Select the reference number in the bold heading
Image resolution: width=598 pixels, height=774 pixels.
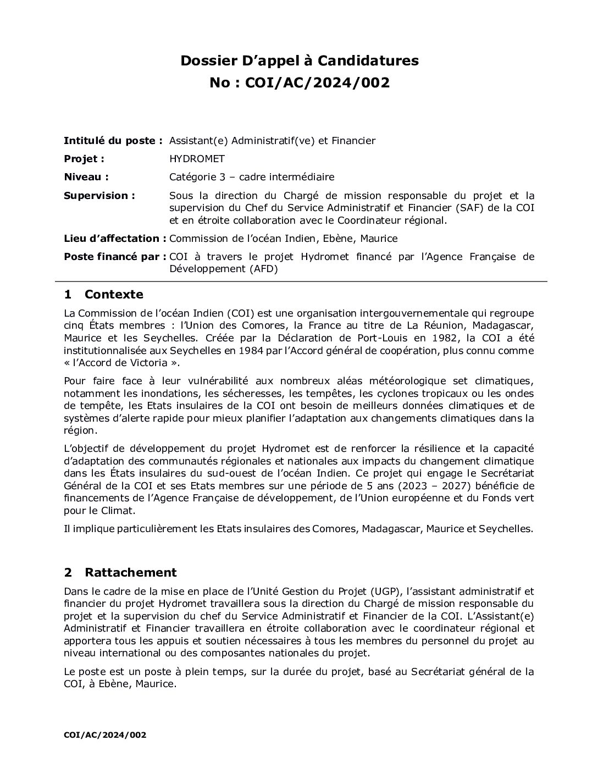pos(317,82)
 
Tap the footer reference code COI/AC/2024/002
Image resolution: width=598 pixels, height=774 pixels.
pos(105,734)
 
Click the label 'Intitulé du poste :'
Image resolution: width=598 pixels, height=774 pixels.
pos(113,141)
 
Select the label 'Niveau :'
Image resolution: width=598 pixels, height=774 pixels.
pos(86,177)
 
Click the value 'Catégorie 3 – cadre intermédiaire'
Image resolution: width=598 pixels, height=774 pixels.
pos(252,177)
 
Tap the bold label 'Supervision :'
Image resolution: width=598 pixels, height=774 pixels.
pos(99,196)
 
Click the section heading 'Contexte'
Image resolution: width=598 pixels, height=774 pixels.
pos(114,294)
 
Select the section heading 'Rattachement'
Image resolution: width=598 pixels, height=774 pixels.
pos(131,572)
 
